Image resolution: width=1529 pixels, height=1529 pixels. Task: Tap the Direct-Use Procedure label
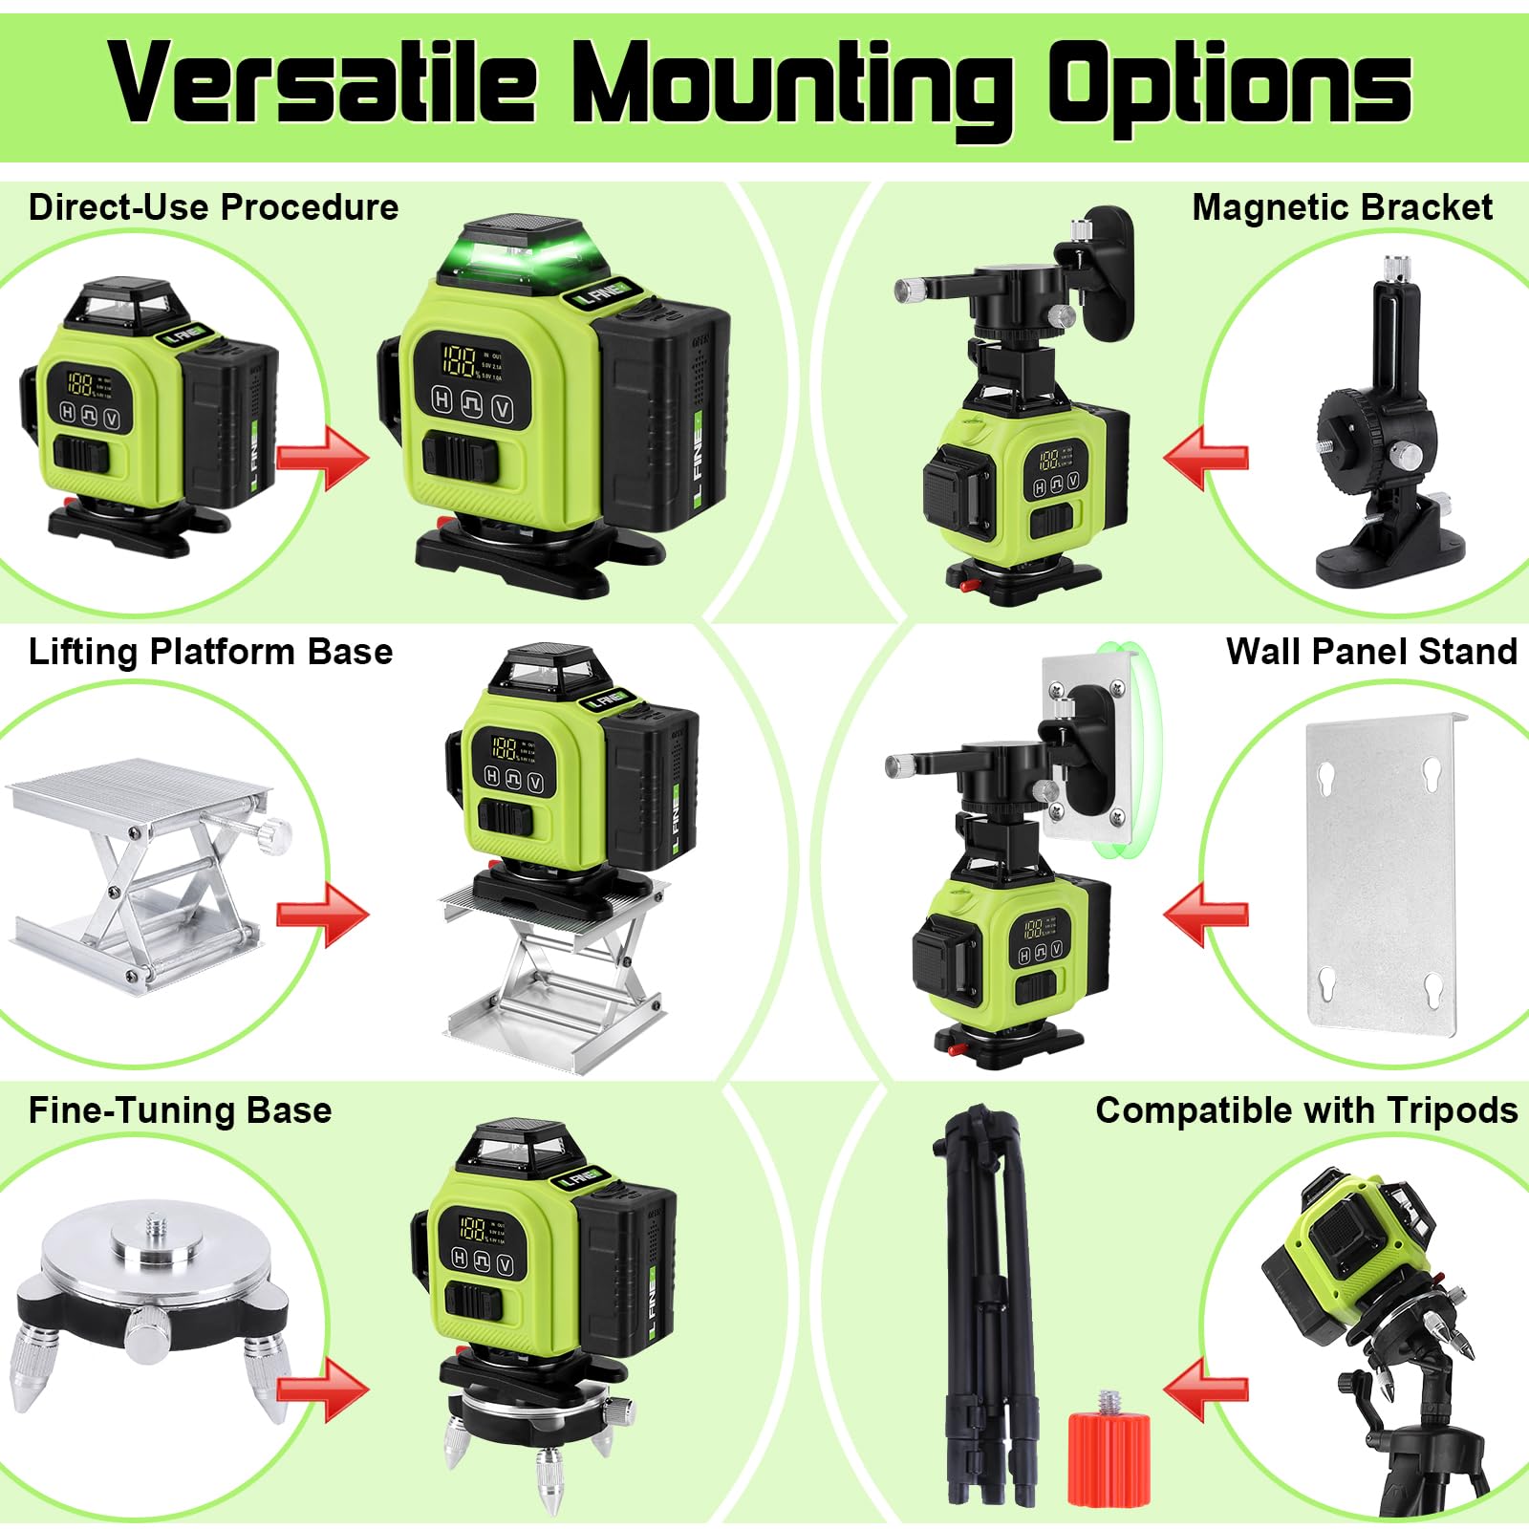[x=213, y=207]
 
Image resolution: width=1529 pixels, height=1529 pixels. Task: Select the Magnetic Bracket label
[x=1342, y=207]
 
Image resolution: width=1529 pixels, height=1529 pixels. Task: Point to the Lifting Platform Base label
[x=210, y=652]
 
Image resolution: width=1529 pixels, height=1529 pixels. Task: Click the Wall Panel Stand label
[x=1371, y=652]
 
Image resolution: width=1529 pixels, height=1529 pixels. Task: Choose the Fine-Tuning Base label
[x=180, y=1110]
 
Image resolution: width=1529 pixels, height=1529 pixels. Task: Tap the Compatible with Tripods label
[x=1306, y=1110]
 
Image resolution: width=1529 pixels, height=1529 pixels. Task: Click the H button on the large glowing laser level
[x=441, y=399]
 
